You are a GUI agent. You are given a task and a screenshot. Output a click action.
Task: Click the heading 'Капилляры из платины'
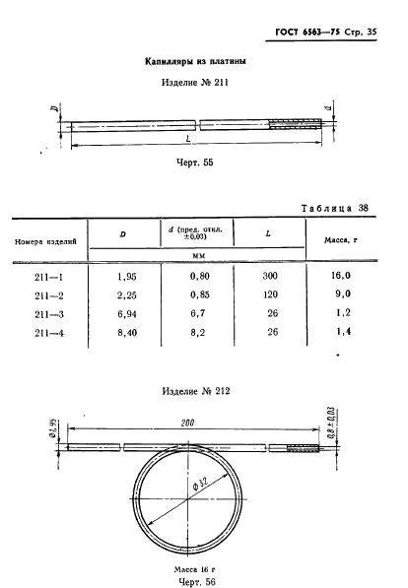tap(195, 61)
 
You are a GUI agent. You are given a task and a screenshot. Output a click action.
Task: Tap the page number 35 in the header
tap(372, 32)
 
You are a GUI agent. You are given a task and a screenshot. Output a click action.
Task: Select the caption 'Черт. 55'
tap(195, 163)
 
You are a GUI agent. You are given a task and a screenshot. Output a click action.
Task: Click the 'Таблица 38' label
tap(335, 208)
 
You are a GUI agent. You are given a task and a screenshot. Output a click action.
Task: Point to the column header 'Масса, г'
tap(340, 240)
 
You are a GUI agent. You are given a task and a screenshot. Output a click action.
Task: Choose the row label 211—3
tap(49, 314)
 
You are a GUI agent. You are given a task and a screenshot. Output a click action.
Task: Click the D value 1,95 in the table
tap(127, 277)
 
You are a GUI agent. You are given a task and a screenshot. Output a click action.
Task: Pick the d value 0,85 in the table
tap(200, 294)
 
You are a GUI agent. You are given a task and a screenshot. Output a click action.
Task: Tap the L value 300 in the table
tap(270, 276)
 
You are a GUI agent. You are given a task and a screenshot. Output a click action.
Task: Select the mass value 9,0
tap(343, 294)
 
